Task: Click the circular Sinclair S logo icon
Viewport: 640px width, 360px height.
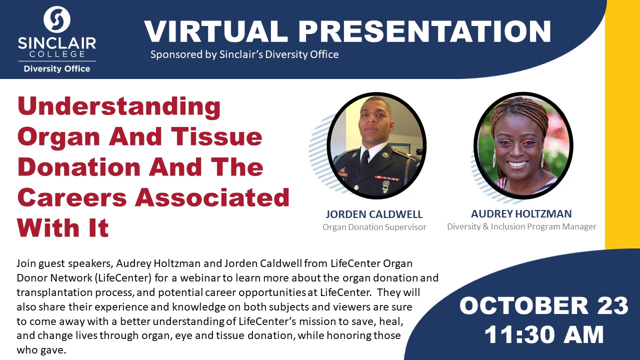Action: click(57, 19)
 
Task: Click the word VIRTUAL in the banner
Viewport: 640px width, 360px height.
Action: click(216, 31)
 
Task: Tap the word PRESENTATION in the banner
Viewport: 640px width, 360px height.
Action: click(425, 31)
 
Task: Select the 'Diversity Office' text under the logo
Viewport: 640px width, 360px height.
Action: click(57, 69)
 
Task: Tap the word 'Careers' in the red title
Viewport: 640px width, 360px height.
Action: click(72, 197)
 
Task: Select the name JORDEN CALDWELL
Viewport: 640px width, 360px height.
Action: click(374, 214)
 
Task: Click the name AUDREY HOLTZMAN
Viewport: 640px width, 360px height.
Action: click(521, 213)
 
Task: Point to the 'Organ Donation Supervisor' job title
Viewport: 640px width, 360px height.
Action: click(374, 227)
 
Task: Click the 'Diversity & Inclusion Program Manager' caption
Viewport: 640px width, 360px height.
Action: click(521, 226)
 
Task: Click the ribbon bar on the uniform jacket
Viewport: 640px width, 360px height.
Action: click(387, 178)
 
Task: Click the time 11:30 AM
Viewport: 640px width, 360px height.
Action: click(544, 334)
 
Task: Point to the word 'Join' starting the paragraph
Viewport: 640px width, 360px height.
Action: click(26, 263)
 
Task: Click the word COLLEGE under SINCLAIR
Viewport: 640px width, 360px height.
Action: click(57, 54)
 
